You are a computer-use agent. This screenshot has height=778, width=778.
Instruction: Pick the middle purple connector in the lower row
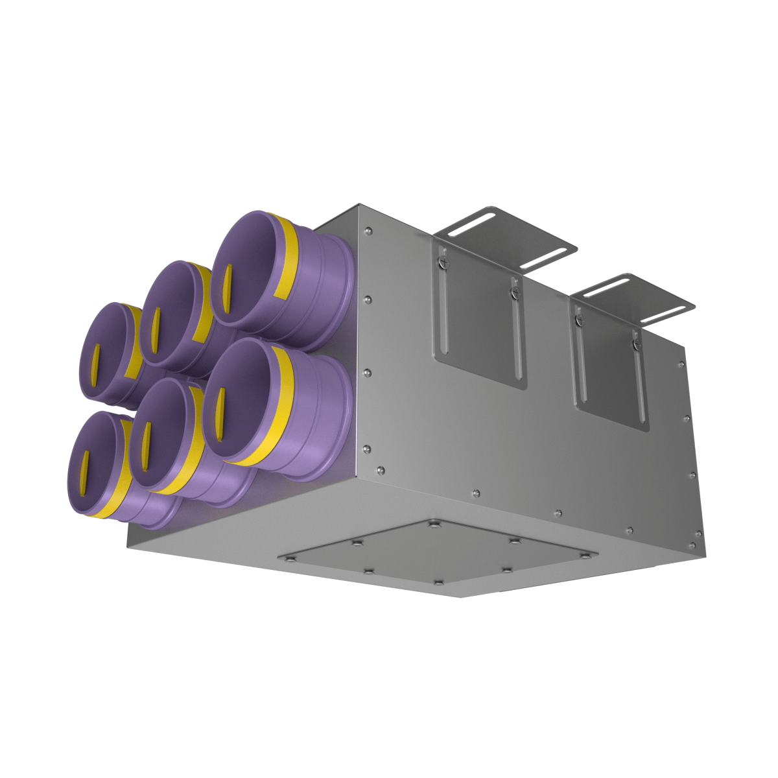click(162, 431)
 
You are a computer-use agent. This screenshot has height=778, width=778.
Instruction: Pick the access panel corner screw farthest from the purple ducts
click(587, 555)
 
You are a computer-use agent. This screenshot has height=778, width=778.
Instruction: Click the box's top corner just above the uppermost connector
click(360, 206)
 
